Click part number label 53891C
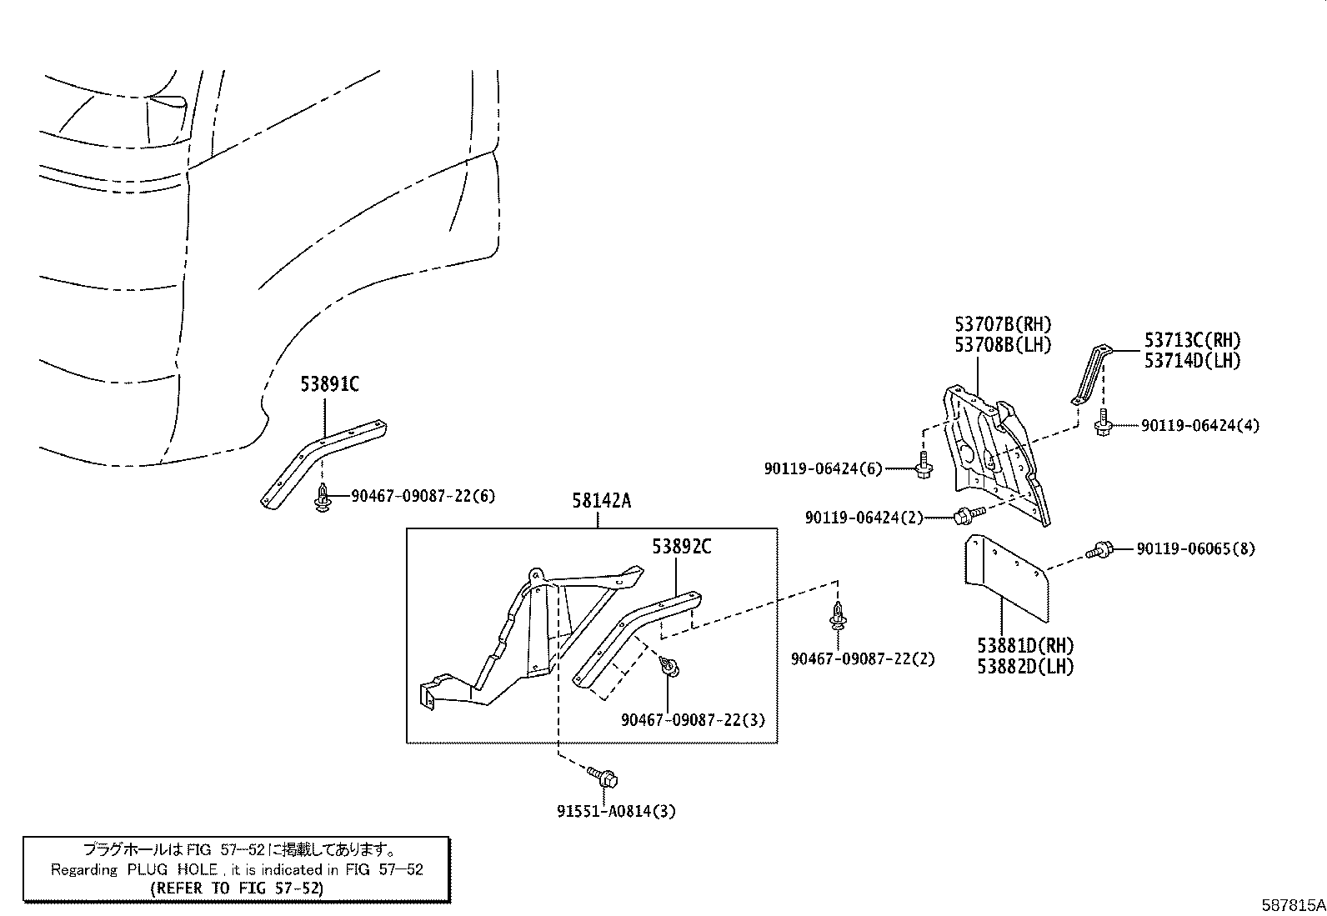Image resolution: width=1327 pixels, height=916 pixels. [329, 384]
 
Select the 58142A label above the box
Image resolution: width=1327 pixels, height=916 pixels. [601, 501]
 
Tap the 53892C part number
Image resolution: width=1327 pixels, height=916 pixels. [681, 547]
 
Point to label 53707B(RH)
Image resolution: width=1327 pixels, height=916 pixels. [1003, 324]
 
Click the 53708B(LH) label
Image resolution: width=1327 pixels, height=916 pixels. [1003, 344]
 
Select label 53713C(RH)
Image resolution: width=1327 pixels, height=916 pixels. [1192, 340]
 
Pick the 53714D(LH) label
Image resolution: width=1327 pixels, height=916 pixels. [1192, 361]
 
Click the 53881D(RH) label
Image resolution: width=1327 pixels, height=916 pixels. [1025, 646]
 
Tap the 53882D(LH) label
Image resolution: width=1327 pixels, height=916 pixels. [1025, 667]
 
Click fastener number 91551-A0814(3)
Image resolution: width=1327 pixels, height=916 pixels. [616, 811]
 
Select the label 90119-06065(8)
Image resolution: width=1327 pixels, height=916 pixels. [1195, 549]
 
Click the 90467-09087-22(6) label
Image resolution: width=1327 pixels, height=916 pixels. [423, 496]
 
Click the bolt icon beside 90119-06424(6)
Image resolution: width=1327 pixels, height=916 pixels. [923, 467]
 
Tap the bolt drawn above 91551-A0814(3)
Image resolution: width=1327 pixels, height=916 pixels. [605, 778]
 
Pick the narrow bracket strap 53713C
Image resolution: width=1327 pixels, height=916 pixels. [1089, 375]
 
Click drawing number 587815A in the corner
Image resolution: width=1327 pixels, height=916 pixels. [1291, 904]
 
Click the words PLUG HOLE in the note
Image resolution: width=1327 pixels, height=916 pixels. [173, 870]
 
